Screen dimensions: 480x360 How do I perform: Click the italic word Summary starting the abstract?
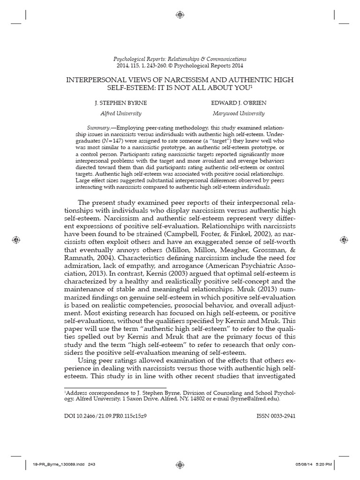click(97, 128)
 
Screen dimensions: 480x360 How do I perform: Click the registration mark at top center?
click(180, 15)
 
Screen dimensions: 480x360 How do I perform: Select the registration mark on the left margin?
click(16, 240)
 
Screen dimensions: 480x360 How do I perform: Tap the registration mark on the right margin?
click(343, 240)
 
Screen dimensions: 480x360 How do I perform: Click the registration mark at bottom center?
click(180, 464)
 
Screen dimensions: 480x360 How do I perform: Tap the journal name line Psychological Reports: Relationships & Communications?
click(180, 59)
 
